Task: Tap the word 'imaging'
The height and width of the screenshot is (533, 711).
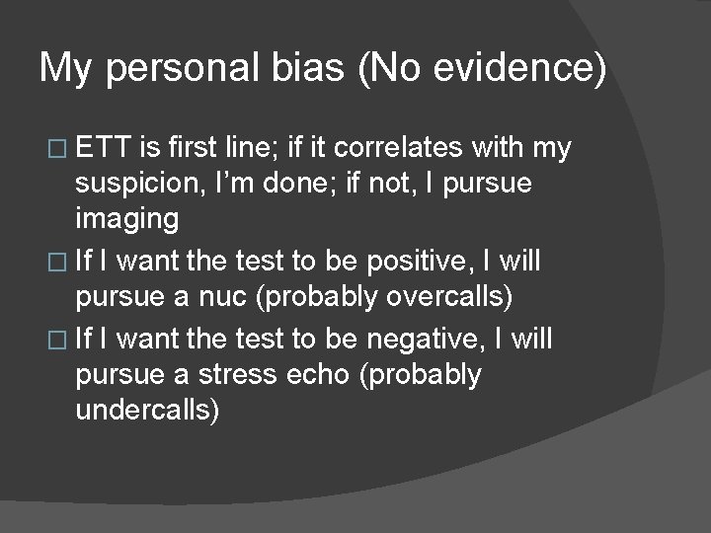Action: coord(126,219)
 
